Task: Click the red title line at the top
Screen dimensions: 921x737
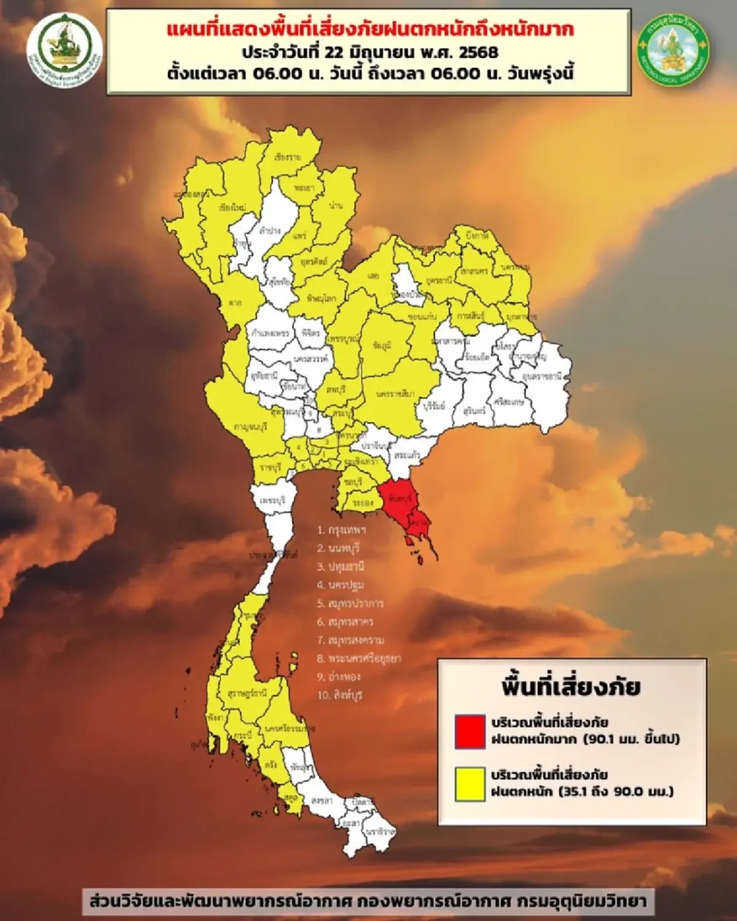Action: click(371, 29)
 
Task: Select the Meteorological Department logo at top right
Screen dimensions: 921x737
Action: click(674, 53)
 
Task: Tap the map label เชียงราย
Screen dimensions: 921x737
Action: click(287, 157)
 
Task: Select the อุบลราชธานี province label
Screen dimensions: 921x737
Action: click(541, 376)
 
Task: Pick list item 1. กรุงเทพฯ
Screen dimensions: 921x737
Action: click(341, 529)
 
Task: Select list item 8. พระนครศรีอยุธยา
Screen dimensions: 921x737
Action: click(359, 658)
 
